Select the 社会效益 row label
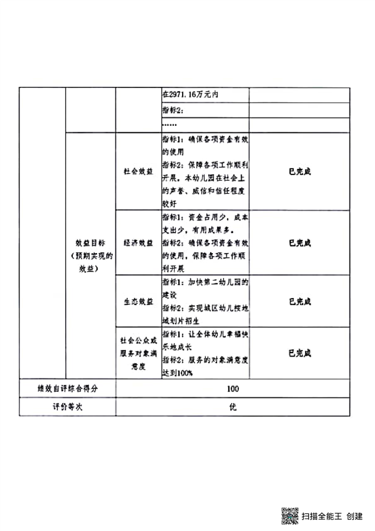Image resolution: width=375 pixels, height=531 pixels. [x=138, y=171]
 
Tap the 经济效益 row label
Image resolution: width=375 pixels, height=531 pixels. [x=138, y=242]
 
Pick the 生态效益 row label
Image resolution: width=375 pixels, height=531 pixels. [x=138, y=301]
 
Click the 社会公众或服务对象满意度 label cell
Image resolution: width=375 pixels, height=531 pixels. [x=138, y=353]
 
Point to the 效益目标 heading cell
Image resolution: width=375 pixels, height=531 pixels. [x=90, y=255]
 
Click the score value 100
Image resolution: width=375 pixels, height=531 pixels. [x=232, y=388]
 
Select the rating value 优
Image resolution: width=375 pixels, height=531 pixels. [x=232, y=407]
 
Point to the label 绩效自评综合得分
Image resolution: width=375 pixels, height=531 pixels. [x=67, y=388]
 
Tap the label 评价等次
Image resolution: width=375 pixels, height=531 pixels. [x=67, y=407]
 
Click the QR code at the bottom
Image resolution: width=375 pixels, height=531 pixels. [x=289, y=516]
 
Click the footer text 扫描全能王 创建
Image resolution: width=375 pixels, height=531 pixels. [x=332, y=516]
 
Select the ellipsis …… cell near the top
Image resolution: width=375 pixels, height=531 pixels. [x=170, y=125]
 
